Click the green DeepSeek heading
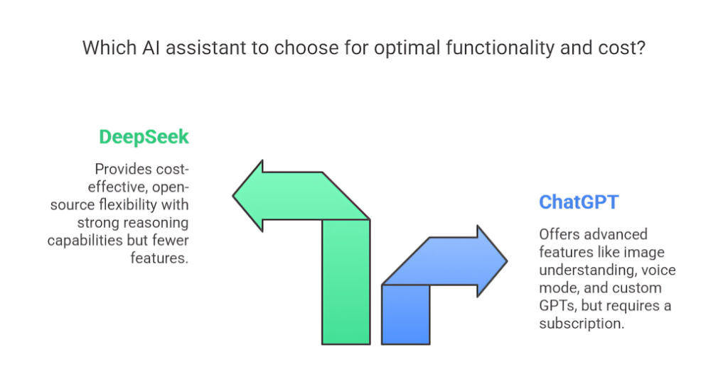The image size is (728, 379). (x=144, y=137)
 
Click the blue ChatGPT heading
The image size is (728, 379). (x=579, y=202)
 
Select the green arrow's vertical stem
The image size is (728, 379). (x=346, y=282)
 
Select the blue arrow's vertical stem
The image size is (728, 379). (x=406, y=314)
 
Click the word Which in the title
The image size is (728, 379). (x=109, y=48)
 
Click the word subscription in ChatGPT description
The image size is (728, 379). (x=582, y=324)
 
